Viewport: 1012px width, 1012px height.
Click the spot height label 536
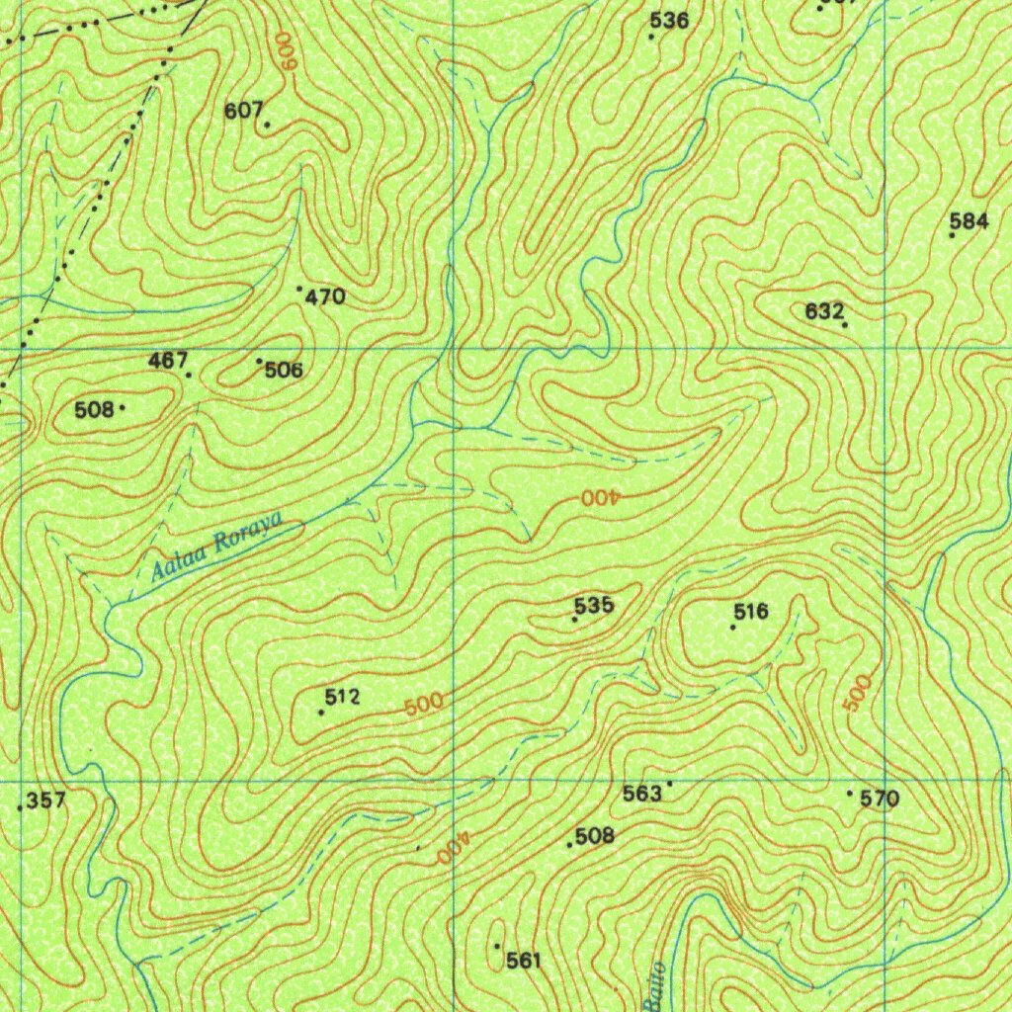[x=669, y=20]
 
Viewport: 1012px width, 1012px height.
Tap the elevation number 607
[x=242, y=111]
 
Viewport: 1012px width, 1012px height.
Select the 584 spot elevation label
[x=969, y=221]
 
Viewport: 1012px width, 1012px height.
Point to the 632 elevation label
[x=823, y=311]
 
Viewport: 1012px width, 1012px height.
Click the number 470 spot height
[x=325, y=296]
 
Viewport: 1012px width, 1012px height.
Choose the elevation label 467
[x=167, y=361]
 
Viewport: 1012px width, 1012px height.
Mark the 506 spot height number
[x=284, y=371]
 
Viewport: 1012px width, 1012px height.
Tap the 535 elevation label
[x=594, y=605]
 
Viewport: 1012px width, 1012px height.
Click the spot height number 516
[x=751, y=612]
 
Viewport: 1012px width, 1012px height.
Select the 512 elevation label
[x=341, y=698]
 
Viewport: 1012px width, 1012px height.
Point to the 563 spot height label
[x=641, y=794]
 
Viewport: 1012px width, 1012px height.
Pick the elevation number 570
[x=880, y=800]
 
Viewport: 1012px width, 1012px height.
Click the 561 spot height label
[x=524, y=960]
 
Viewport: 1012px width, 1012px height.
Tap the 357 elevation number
[x=46, y=801]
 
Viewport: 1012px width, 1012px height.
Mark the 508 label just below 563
[x=594, y=836]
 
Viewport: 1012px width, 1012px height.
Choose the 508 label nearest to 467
[x=94, y=409]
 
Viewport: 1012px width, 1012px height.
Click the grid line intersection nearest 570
[x=884, y=781]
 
